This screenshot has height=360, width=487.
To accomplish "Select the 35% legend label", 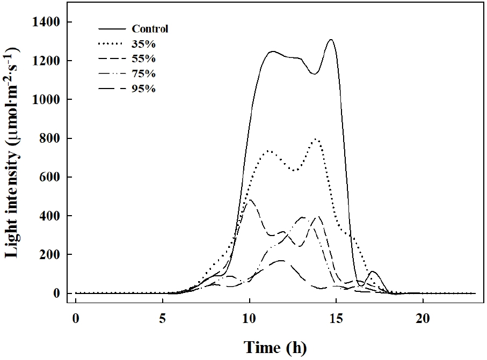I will (142, 44).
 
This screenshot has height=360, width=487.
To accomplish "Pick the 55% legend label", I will (142, 58).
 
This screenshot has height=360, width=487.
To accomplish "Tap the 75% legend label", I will (142, 74).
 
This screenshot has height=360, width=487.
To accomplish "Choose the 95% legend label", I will (142, 89).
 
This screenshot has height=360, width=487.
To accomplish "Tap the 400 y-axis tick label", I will (53, 216).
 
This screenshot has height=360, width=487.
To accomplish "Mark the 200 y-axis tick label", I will (53, 254).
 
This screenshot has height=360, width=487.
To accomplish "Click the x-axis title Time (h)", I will (277, 347).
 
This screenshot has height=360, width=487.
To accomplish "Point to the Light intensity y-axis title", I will (15, 156).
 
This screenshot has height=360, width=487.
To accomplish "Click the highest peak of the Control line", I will (331, 40).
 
